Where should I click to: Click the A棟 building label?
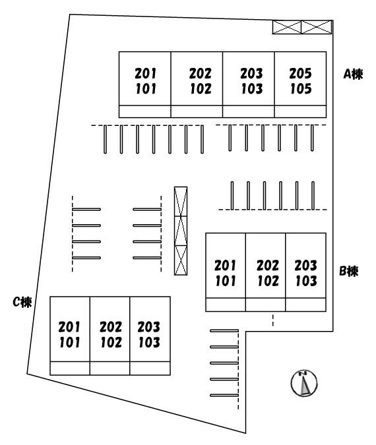(353, 74)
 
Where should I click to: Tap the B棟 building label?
(349, 272)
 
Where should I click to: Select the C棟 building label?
(22, 302)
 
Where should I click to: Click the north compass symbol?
(304, 383)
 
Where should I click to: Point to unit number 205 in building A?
(300, 73)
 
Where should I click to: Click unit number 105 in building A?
(301, 88)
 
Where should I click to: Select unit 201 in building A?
(145, 73)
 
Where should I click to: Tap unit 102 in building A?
(201, 88)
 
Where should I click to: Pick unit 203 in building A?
(251, 73)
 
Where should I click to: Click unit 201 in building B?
(225, 266)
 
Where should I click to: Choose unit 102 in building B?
(268, 281)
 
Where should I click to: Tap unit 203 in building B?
(305, 266)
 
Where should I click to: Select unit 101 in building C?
(69, 342)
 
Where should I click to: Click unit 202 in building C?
(110, 327)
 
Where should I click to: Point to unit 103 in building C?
(149, 342)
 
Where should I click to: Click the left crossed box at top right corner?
(287, 27)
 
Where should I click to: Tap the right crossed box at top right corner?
(317, 27)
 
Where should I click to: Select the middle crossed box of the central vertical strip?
(181, 231)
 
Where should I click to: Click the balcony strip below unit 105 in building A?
(300, 111)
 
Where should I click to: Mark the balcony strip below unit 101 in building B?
(226, 305)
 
